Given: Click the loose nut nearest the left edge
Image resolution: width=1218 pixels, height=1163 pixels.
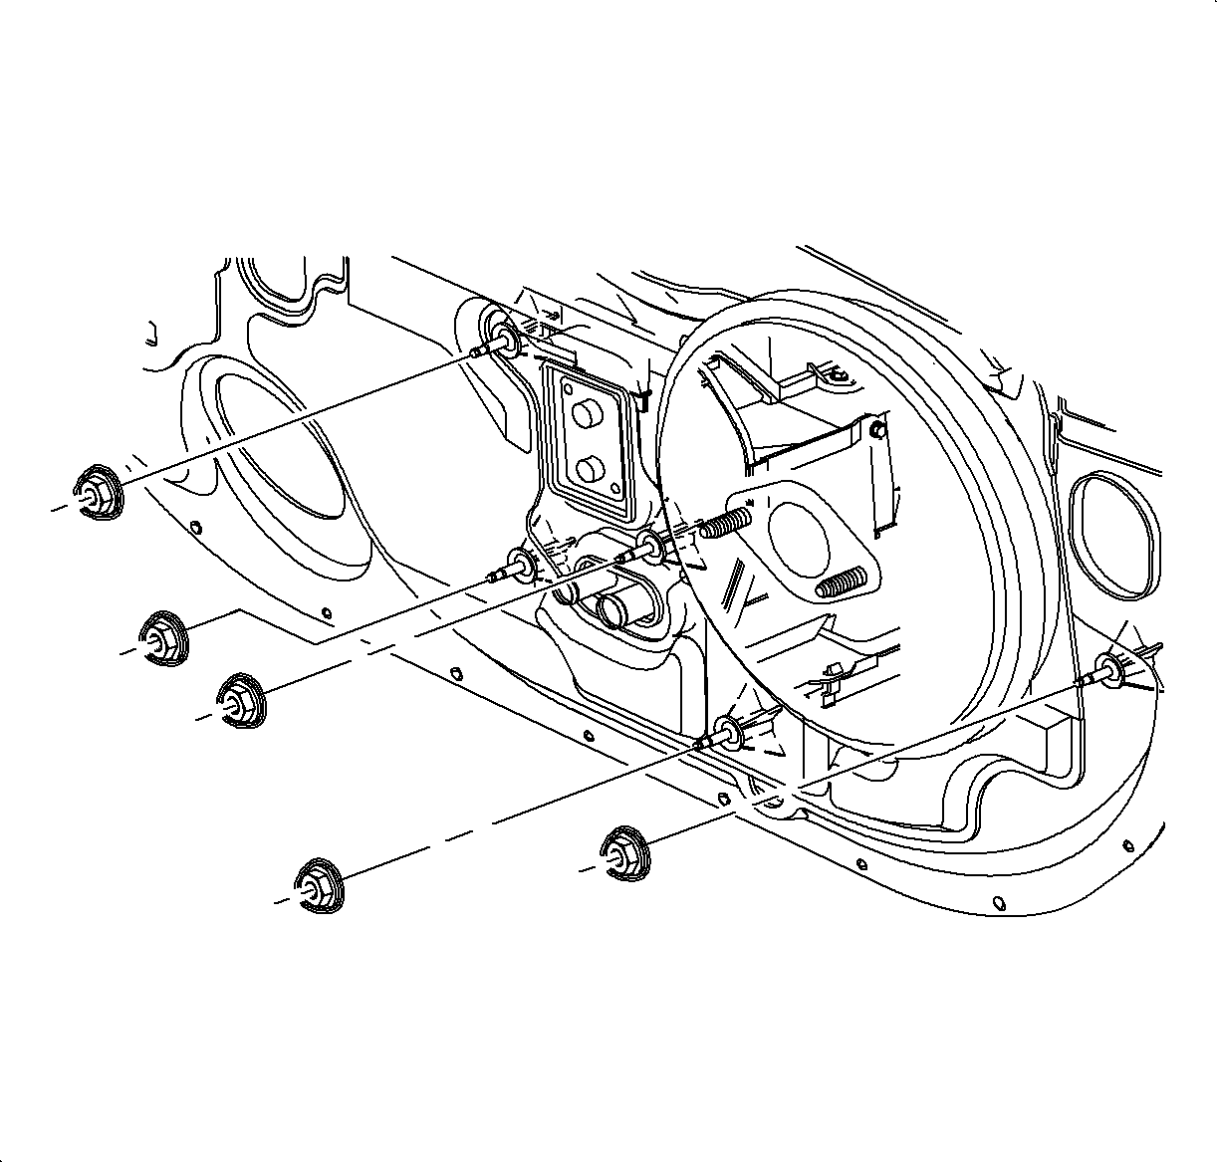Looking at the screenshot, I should click(x=97, y=491).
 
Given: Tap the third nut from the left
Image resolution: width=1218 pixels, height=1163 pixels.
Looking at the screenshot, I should click(x=239, y=700).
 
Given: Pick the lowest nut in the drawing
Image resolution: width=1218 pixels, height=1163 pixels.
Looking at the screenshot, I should click(x=318, y=883).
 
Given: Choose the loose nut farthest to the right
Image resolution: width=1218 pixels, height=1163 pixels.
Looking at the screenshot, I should click(x=625, y=852).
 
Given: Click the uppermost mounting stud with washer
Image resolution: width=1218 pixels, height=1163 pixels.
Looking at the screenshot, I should click(x=498, y=340).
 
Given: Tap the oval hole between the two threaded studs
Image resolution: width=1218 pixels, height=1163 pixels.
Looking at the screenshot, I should click(x=797, y=539).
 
